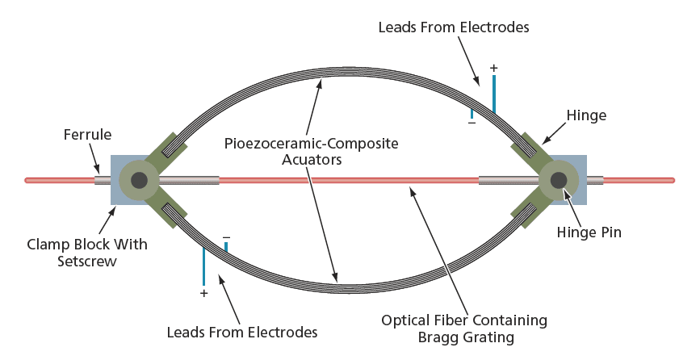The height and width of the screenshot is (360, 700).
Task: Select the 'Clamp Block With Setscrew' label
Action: click(87, 252)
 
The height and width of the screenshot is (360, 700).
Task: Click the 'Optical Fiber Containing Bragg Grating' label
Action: click(464, 329)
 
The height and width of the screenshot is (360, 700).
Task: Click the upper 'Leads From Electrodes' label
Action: click(454, 27)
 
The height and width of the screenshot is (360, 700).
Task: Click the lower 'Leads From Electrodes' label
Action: click(241, 332)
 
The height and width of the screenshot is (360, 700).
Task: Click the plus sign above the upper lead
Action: click(494, 68)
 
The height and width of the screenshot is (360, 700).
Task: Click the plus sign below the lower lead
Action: click(203, 294)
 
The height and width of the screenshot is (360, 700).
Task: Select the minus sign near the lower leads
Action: click(226, 237)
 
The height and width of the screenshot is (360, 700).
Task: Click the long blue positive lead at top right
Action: click(494, 93)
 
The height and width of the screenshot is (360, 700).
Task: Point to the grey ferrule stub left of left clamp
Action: click(102, 180)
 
